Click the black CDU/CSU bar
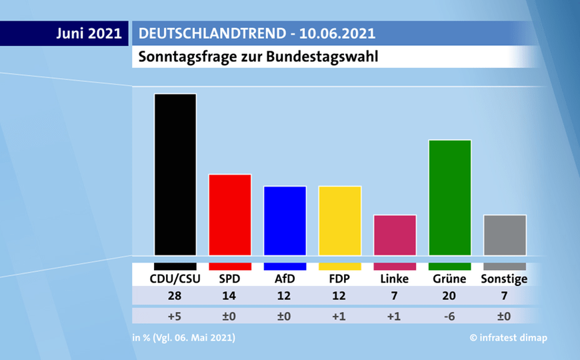coord(175,174)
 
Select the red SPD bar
coord(230,215)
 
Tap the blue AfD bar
coord(285,221)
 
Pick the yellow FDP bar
coord(340,221)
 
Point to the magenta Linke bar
coord(395,235)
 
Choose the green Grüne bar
coord(450,197)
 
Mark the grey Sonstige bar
coord(505,235)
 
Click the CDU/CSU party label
coord(175,279)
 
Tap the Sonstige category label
coord(504,279)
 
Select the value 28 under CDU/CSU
coord(175,296)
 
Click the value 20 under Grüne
coord(449,296)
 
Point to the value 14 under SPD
coord(230,296)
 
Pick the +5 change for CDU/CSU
coord(175,315)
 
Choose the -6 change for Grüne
coord(449,315)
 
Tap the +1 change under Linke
coord(395,315)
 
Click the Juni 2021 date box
coord(89,33)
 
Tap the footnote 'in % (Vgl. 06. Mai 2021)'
coord(184,338)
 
